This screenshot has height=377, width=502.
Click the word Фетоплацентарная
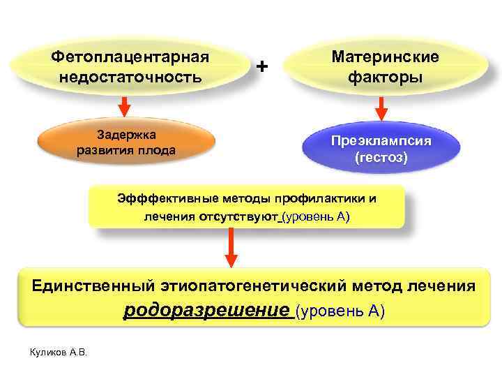[131, 55]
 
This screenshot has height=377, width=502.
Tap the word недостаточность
[131, 76]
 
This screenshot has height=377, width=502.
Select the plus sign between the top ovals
[261, 66]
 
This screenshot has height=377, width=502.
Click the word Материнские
[386, 55]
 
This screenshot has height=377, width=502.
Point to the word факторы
[386, 76]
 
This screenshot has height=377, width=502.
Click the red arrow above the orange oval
[124, 108]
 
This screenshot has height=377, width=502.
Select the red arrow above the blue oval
[381, 108]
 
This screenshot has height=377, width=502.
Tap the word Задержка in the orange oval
[125, 134]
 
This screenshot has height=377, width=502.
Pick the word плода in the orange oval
[157, 150]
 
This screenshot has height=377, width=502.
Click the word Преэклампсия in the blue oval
[381, 140]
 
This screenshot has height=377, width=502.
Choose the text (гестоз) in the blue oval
[381, 157]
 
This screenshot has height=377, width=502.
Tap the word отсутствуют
[238, 216]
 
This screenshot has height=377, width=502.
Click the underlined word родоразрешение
[206, 310]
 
